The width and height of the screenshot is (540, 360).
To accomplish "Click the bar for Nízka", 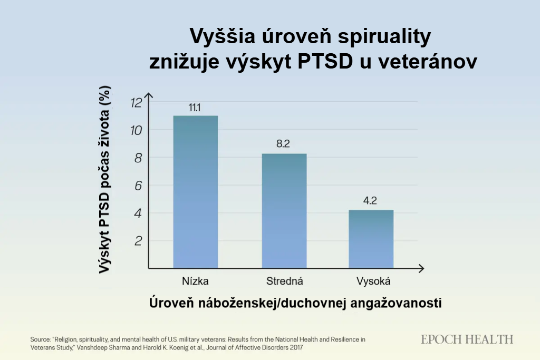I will coord(196,192).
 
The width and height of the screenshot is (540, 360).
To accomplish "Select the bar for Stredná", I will coord(284,211).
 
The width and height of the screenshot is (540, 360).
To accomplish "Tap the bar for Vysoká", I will coord(371,239).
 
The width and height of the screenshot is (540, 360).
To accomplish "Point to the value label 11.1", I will coord(195,108).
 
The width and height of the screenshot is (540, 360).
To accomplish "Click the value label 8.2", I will coord(284,144).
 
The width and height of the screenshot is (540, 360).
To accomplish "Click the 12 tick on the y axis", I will coord(136,102).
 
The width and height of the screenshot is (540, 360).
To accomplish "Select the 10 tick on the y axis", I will coord(136,130).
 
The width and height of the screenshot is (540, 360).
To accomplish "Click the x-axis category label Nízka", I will coord(195,280).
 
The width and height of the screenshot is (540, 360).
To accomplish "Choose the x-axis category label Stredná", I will coord(284,280).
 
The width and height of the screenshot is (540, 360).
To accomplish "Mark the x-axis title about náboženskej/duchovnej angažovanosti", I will coord(295,304).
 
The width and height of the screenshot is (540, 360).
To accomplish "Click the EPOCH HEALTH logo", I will coord(467,339).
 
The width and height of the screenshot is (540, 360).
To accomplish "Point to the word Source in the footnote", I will coord(42,339).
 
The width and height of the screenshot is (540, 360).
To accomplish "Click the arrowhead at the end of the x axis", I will coord(421,269).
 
